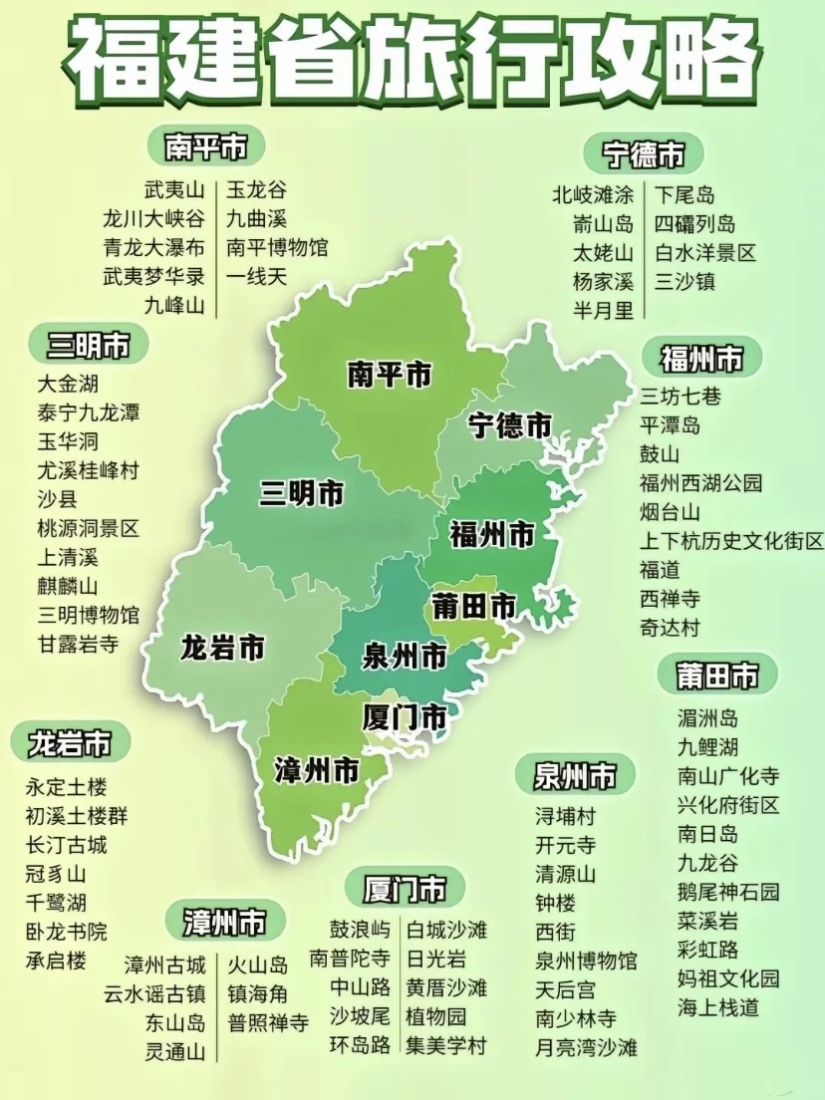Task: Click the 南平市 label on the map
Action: pos(390,375)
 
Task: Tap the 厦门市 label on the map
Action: pos(405,716)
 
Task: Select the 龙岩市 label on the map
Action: pos(222,649)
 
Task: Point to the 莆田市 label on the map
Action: pos(474,605)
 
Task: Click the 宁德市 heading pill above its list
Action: pos(645,154)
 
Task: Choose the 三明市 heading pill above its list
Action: pos(89,345)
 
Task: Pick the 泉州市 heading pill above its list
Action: pos(575,774)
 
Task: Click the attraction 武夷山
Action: pos(174,189)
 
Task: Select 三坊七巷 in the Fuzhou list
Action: pos(681,396)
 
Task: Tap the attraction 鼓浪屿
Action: pos(361,930)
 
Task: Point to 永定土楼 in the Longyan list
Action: pos(67,786)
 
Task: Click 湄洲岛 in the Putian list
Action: pos(707,717)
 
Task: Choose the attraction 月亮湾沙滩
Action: pos(586,1047)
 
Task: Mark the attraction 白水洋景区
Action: pos(705,253)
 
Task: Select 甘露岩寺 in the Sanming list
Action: pos(79,644)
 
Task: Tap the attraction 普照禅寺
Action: pos(268,1022)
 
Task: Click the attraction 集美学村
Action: pos(445,1045)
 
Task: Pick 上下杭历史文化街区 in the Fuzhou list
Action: pos(732,541)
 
